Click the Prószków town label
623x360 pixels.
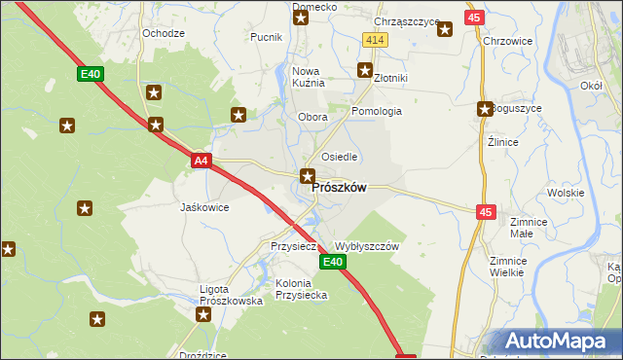point(339,188)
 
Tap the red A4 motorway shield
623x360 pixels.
point(201,161)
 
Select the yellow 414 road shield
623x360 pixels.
point(376,39)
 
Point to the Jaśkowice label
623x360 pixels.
point(204,207)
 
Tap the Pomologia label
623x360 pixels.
point(377,111)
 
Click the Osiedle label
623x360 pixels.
point(340,157)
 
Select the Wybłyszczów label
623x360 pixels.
point(367,247)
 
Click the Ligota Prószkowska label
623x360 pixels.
point(231,295)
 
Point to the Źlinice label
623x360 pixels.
point(502,141)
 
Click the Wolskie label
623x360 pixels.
point(565,193)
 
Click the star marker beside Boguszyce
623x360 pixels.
point(484,109)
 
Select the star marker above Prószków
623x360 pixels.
point(308,176)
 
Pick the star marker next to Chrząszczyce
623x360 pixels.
point(445,29)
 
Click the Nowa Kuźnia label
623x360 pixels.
point(307,77)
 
